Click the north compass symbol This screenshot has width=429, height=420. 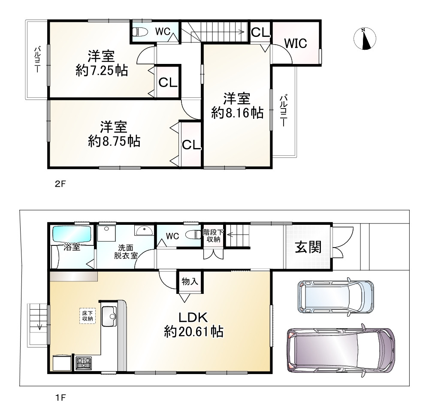(365, 39)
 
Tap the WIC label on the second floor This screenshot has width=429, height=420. (296, 43)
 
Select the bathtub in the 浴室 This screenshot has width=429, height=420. (72, 234)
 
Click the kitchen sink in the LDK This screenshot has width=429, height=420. (109, 317)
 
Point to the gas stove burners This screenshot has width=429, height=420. (84, 363)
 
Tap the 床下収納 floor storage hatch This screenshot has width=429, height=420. (88, 316)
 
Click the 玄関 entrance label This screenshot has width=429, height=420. (308, 248)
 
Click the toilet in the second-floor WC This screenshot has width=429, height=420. (140, 32)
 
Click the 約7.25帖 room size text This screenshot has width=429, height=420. (102, 71)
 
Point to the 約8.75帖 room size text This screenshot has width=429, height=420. (114, 142)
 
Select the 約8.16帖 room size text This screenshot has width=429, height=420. (237, 113)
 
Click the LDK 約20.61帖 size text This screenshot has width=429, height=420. (193, 332)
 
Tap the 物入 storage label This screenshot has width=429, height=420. (190, 281)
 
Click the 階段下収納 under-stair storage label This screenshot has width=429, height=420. (213, 236)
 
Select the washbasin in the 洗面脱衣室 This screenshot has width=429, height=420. (144, 230)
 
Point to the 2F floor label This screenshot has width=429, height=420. (60, 184)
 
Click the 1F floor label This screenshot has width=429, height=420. (60, 397)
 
